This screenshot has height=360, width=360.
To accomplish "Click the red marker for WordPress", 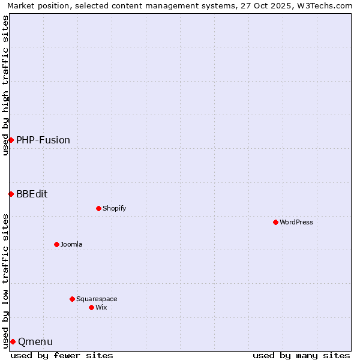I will click(275, 222).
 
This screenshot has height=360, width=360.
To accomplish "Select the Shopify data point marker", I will click(98, 208).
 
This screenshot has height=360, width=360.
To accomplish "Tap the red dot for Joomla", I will click(56, 244).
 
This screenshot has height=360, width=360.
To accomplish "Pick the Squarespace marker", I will click(72, 299).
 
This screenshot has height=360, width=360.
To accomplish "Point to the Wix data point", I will click(91, 307).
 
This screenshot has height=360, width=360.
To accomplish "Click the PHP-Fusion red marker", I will click(11, 140).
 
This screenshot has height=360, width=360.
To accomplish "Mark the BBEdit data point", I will click(11, 194).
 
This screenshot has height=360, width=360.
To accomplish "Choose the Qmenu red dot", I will click(13, 341).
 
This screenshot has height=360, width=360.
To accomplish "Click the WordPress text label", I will click(296, 222).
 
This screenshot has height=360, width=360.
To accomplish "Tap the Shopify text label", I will click(114, 208).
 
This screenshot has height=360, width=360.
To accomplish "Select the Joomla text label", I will click(71, 244).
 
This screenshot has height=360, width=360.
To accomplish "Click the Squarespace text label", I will click(97, 299).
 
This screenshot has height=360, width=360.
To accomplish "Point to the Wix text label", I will click(101, 307).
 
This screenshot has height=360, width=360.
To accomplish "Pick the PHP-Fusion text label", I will click(43, 140).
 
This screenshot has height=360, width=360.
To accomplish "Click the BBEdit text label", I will click(32, 194).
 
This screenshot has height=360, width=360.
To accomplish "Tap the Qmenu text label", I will click(35, 341).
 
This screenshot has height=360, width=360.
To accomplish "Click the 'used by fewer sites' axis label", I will click(62, 355).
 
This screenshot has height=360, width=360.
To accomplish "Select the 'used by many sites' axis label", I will click(301, 355).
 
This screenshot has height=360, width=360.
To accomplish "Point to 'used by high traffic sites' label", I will click(5, 86).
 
